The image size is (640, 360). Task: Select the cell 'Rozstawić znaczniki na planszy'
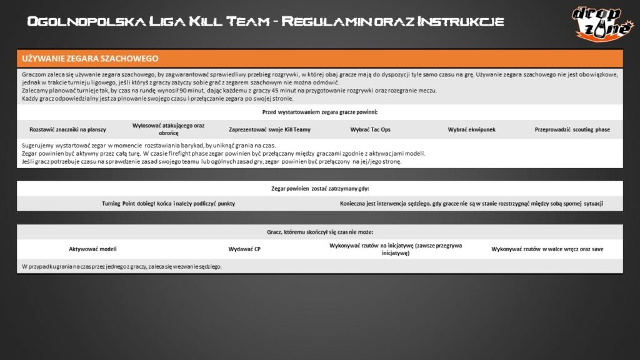[x=68, y=130]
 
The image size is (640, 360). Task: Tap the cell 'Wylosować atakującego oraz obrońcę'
[x=169, y=129]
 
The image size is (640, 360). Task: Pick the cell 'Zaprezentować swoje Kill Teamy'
[x=269, y=130]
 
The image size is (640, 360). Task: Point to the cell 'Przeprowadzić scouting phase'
[x=572, y=130]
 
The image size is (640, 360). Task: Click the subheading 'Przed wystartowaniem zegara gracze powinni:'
[x=320, y=112]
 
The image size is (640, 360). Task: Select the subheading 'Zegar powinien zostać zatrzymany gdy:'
[x=320, y=188]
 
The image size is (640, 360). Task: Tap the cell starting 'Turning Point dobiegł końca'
[x=168, y=204]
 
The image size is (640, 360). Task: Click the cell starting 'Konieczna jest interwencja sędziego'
[x=472, y=204]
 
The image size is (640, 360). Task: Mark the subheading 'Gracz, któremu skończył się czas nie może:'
[x=320, y=231]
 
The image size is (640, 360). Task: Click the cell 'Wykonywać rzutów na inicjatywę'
[x=396, y=249]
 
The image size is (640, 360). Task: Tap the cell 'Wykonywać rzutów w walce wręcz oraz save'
[x=547, y=249]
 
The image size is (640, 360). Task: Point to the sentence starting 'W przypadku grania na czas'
[x=122, y=266]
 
